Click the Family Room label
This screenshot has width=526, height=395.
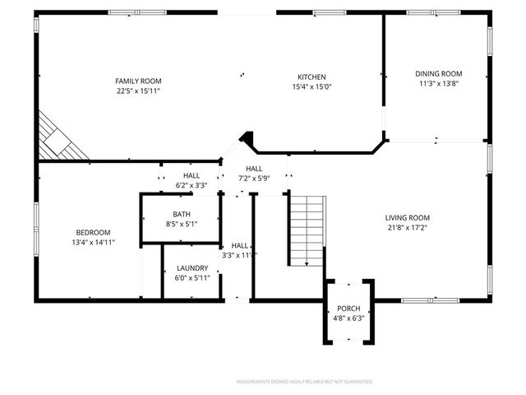click(x=138, y=81)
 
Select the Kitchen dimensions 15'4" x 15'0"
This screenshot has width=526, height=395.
click(x=311, y=87)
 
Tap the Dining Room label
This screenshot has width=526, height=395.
click(x=438, y=73)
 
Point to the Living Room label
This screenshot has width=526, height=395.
click(x=408, y=218)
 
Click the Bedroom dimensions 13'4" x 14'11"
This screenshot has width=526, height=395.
click(x=93, y=243)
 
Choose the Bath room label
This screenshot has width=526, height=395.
click(x=181, y=212)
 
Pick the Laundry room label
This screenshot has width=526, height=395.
click(x=191, y=267)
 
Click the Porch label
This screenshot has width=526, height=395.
click(x=348, y=308)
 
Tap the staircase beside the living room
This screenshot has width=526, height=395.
click(x=307, y=230)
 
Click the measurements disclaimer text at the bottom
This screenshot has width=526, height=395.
click(x=304, y=382)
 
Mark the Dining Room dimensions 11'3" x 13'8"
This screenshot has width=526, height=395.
click(x=438, y=83)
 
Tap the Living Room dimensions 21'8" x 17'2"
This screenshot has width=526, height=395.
click(x=408, y=228)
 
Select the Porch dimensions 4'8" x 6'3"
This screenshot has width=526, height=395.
click(x=348, y=318)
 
